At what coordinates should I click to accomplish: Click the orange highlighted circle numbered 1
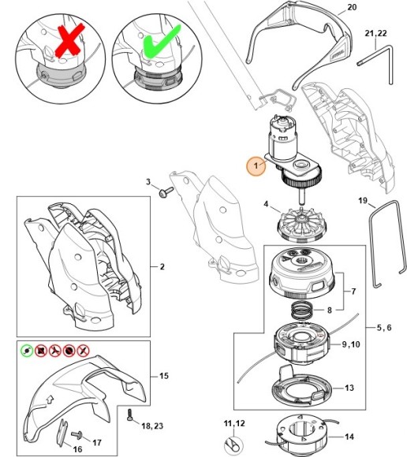pos(256,165)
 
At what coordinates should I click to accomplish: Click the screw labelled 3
pos(166,191)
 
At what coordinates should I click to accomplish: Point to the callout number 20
pos(352,7)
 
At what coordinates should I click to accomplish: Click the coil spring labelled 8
pos(302,310)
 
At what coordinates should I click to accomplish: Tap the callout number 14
pos(349,437)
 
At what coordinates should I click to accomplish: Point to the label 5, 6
pos(384,328)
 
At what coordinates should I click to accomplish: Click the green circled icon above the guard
pos(27,351)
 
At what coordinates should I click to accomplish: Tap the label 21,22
pos(375,33)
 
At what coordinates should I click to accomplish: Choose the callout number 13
pos(349,388)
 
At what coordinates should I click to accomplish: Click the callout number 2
pos(162,266)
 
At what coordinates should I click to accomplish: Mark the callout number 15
pos(164,376)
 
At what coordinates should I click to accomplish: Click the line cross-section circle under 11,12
pos(233,446)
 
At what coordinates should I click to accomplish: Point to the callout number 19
pos(363,201)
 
